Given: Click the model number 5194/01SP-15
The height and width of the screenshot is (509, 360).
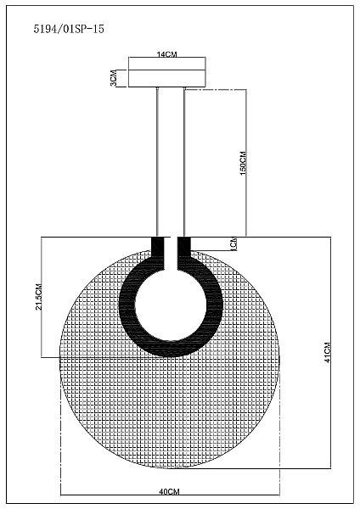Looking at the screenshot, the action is coord(69,29).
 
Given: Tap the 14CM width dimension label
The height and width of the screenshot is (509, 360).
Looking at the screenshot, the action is coord(167,54).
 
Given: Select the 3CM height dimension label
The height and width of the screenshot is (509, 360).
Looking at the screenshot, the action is coord(114,78).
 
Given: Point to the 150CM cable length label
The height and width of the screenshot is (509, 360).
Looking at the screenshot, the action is coord(243,163).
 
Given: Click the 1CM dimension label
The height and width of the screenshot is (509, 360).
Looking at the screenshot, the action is coord(233,243).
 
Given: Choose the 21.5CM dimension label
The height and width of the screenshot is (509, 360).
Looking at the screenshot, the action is coord(39,297).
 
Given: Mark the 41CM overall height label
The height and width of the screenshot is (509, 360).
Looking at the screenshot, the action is coord(328,353).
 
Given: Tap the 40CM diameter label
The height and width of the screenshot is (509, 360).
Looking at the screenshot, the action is coord(169,492).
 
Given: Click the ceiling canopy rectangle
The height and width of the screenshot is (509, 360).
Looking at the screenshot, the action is coord(167,72).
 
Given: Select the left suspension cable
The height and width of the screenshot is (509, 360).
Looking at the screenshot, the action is coord(157,162).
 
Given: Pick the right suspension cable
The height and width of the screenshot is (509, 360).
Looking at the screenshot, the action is coord(184,162).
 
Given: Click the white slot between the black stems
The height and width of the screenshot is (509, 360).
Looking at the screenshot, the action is coord(171,254).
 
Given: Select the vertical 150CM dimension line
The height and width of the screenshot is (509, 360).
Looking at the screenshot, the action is coord(246,163).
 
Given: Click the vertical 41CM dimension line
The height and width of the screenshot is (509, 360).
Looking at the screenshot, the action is coord(330,353).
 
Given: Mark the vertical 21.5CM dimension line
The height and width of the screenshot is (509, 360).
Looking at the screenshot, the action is coord(42,298).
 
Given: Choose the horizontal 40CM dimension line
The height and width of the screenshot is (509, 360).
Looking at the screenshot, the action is coord(171,495).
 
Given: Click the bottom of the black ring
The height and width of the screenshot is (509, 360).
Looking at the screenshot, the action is coord(171,350).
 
